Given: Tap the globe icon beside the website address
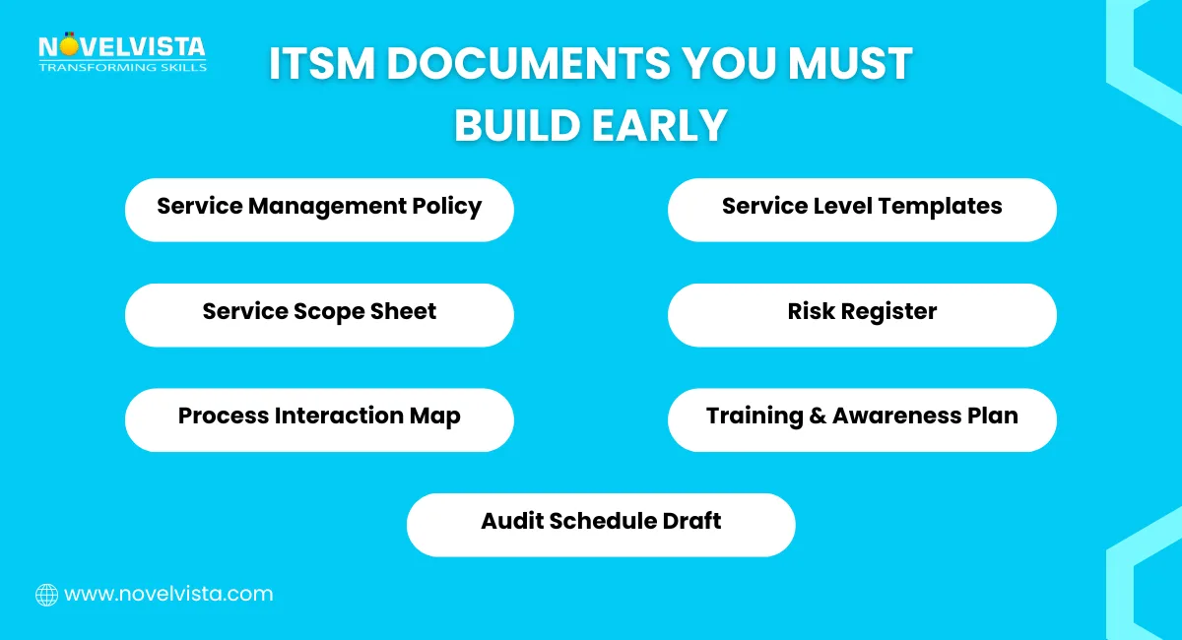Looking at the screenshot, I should click(46, 595).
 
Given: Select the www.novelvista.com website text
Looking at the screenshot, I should click(168, 595).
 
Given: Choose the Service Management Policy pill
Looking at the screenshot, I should click(319, 209).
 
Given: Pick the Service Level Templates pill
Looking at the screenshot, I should click(862, 209).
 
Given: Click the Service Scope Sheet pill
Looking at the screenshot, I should click(319, 314).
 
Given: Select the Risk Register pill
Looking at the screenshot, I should click(862, 314).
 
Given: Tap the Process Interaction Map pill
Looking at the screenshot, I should click(319, 418).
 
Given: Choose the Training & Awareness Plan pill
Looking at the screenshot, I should click(862, 418).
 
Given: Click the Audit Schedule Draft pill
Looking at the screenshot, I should click(601, 524).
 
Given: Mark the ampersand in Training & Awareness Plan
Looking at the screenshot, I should click(817, 416).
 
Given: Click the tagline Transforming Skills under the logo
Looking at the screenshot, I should click(122, 67).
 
